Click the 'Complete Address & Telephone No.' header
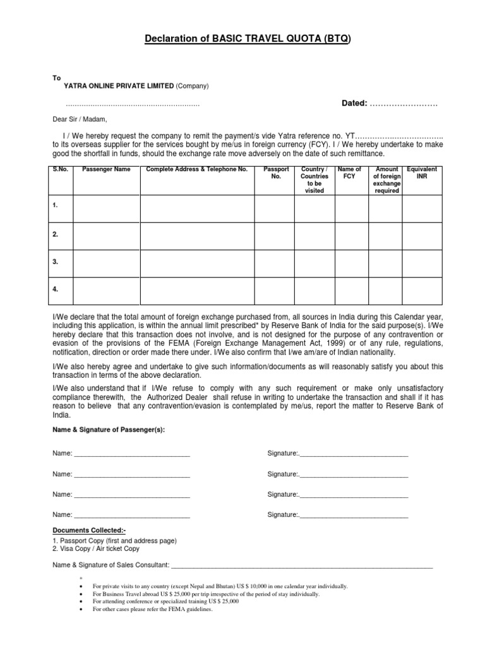click(x=196, y=169)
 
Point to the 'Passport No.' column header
click(x=276, y=173)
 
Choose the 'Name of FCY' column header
click(x=350, y=173)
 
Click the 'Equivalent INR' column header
click(x=422, y=173)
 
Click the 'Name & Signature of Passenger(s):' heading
click(x=109, y=430)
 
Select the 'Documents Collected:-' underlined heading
click(x=85, y=531)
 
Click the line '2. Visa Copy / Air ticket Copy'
click(x=96, y=549)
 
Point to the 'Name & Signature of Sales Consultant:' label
click(x=111, y=565)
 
